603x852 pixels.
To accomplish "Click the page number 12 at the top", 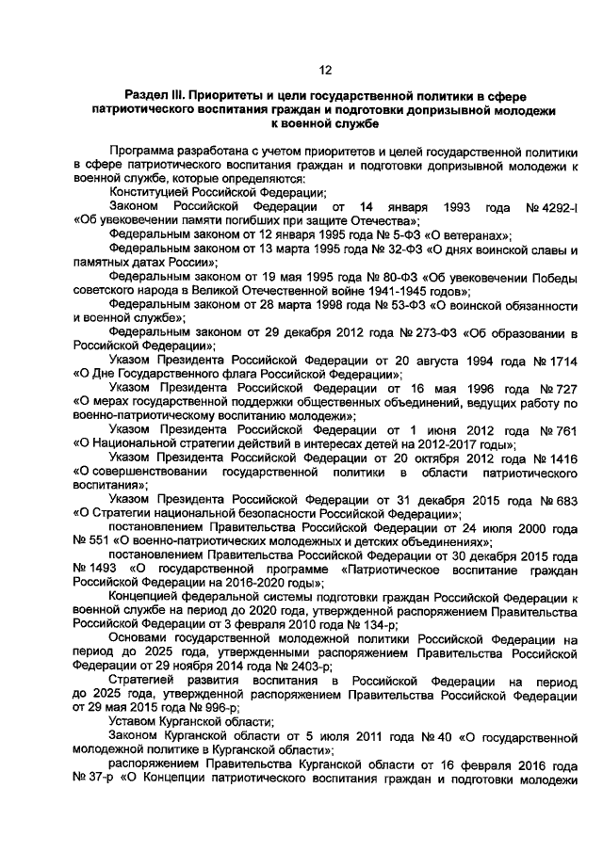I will click(x=325, y=70).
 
